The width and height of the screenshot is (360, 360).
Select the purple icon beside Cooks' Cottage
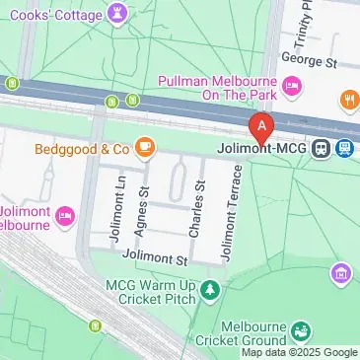tap(118, 13)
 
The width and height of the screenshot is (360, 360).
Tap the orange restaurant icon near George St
tap(348, 99)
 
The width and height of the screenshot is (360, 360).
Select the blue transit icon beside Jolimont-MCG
tap(344, 149)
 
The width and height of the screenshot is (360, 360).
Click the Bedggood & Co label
tap(83, 149)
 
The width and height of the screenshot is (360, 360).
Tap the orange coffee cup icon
tap(145, 147)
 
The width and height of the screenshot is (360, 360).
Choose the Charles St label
tap(197, 209)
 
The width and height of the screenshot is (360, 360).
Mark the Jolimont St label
tap(154, 260)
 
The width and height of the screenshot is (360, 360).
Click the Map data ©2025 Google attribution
tap(300, 353)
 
